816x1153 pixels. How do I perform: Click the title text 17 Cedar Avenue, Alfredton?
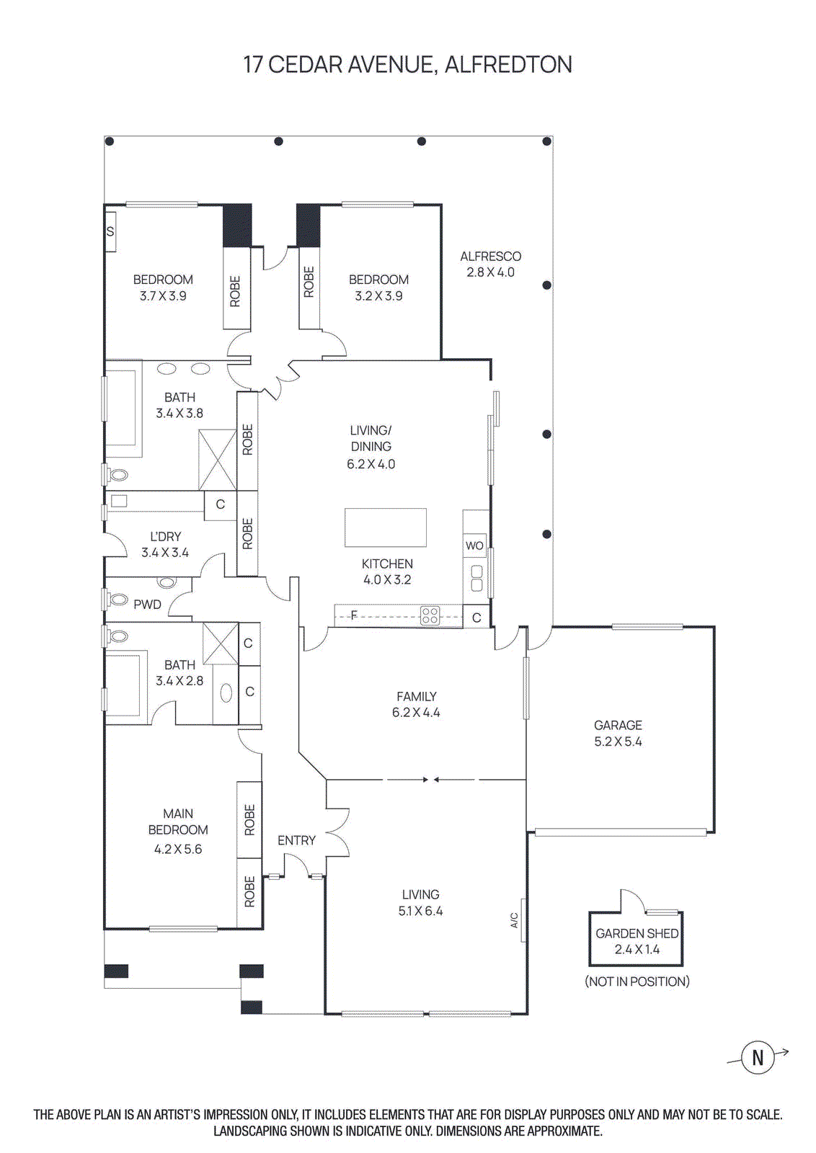coord(407,65)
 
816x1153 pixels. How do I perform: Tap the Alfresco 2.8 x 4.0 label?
coord(490,264)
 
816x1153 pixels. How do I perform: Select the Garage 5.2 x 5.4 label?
coord(618,733)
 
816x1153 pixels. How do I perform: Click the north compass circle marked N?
coord(758,1058)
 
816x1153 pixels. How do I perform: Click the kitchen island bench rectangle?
coord(386,527)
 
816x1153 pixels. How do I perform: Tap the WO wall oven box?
coord(474,546)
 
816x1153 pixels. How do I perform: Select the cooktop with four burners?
coord(430,615)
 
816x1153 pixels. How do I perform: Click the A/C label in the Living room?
coord(515,920)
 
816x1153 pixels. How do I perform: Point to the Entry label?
coord(296,840)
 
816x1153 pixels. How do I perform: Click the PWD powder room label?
coord(147,605)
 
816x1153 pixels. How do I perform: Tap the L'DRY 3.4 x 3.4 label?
coord(165,544)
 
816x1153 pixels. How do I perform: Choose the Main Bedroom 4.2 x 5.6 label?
coord(178,831)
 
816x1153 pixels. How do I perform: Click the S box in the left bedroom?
coord(110,231)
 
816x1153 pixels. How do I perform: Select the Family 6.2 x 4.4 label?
coord(416,704)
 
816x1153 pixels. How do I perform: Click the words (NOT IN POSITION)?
coord(637,981)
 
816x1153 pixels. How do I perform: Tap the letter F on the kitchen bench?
coord(354,615)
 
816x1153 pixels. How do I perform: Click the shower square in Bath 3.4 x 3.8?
coord(218,459)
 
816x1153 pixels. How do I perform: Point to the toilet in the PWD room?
coord(117,598)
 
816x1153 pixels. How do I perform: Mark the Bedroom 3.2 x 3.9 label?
coord(378,287)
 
